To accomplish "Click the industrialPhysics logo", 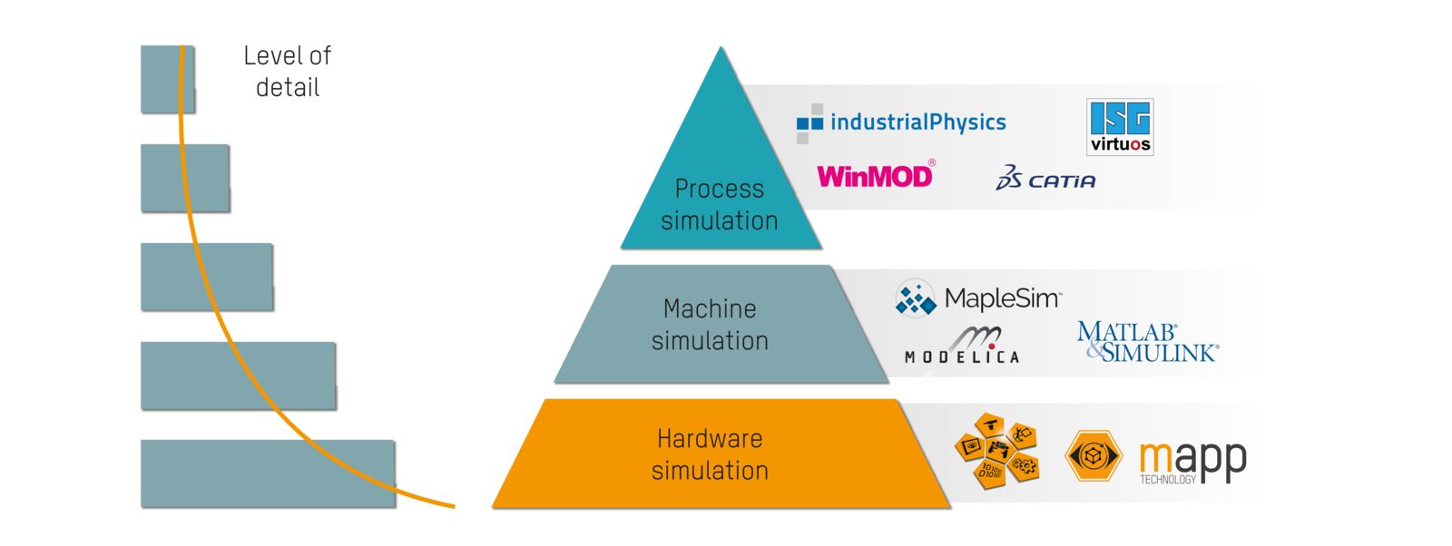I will click(901, 122).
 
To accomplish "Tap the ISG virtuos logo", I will click(1120, 127).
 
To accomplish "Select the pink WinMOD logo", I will click(875, 175).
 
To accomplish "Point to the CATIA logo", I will click(1045, 178).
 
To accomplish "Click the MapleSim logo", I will click(978, 298).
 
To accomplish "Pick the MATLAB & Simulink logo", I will click(1147, 342).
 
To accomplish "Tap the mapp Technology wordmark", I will click(1192, 461).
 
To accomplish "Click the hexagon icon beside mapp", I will click(1093, 455).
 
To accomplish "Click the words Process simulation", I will click(719, 204).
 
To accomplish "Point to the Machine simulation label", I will click(710, 325).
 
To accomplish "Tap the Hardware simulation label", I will click(710, 454).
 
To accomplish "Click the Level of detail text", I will click(287, 72).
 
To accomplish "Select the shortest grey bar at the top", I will click(167, 80).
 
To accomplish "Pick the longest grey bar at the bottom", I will click(268, 473).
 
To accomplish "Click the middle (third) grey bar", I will click(207, 277).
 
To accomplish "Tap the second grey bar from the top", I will click(185, 178).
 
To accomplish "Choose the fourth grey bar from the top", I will click(238, 375).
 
